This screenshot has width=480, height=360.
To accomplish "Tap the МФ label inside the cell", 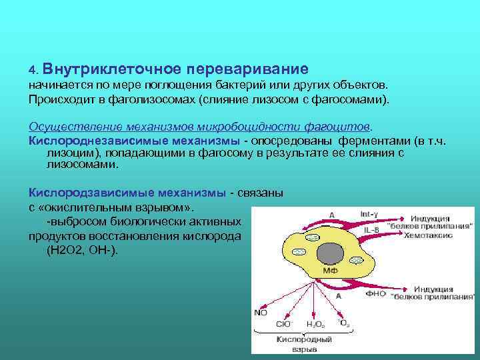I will pyautogui.click(x=331, y=271).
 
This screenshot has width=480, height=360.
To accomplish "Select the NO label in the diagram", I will pyautogui.click(x=260, y=312).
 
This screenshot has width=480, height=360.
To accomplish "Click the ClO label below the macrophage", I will pyautogui.click(x=283, y=324).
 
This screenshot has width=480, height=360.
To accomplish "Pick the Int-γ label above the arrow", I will pyautogui.click(x=369, y=214).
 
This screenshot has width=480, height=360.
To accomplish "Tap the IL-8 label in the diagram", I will pyautogui.click(x=373, y=230).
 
